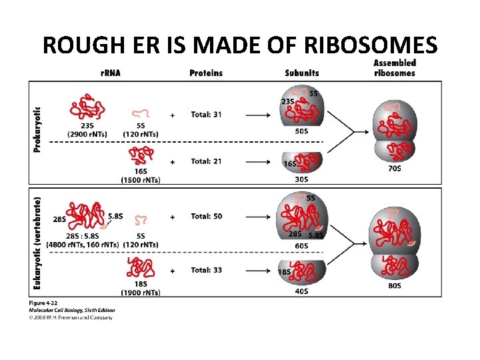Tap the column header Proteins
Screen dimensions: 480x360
[x=206, y=73]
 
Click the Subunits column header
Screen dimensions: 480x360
[x=301, y=73]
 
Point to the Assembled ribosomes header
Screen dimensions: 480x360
[x=395, y=67]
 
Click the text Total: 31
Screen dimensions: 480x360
[x=206, y=115]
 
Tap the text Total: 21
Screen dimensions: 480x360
[x=206, y=161]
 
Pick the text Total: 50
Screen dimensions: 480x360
[x=206, y=216]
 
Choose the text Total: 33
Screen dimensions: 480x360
[x=206, y=271]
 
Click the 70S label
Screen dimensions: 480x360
[x=394, y=169]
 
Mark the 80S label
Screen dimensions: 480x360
[x=394, y=285]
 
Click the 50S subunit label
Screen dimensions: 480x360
[x=301, y=131]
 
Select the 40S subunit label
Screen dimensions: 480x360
[x=301, y=290]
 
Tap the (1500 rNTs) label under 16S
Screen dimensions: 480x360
[x=141, y=180]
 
